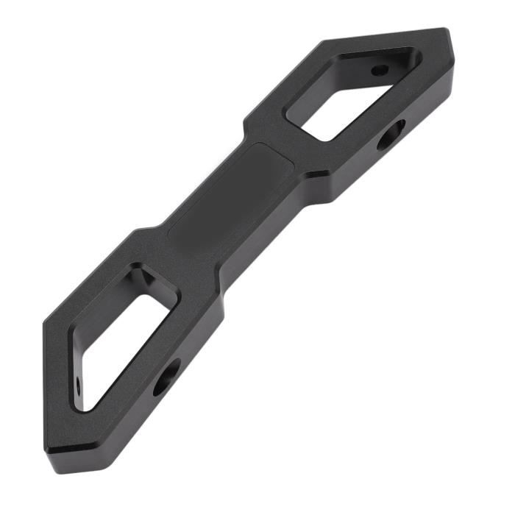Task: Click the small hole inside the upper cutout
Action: click(380, 71)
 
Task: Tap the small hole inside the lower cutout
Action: click(79, 383)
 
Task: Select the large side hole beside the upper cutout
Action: click(391, 136)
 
